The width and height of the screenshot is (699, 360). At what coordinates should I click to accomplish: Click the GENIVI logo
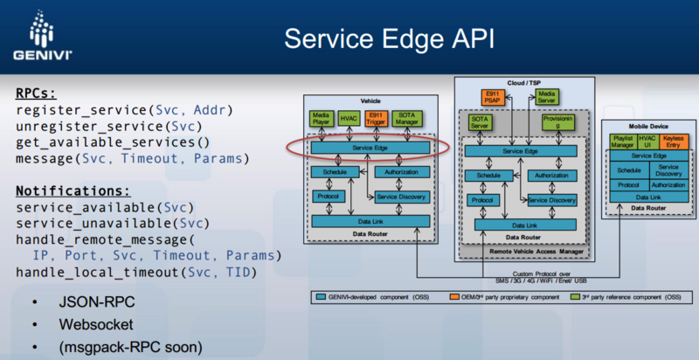(37, 37)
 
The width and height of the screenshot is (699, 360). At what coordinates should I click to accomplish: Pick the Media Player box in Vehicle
(320, 118)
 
